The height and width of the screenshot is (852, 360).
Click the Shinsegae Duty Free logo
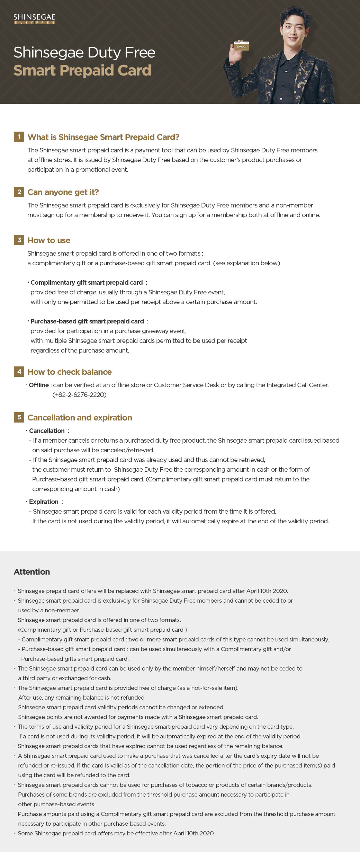[x=34, y=19]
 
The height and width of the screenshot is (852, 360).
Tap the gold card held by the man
[x=241, y=46]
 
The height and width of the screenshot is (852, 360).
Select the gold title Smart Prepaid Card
[x=82, y=70]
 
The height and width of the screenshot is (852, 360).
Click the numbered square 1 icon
[x=19, y=137]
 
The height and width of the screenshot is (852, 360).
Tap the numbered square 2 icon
[x=19, y=192]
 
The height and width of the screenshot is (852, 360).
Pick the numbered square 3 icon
[x=19, y=240]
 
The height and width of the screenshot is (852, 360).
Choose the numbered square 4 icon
[x=19, y=372]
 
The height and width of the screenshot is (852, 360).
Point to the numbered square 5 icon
[x=19, y=417]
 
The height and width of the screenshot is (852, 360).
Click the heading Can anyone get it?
[x=63, y=192]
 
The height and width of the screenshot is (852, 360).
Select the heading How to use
[x=49, y=240]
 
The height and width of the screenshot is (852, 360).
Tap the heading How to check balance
[x=70, y=372]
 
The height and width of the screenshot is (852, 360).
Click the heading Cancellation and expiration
[x=80, y=418]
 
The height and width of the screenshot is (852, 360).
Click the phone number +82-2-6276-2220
[x=80, y=395]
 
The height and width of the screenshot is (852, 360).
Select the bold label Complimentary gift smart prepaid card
[x=87, y=283]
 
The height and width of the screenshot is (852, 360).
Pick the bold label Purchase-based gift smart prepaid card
[x=87, y=321]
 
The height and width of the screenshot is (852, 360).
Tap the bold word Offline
[x=39, y=385]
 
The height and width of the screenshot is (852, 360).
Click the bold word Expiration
[x=44, y=502]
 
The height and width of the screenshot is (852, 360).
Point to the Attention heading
[x=32, y=572]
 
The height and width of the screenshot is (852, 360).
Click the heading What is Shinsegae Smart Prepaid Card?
[x=103, y=137]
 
